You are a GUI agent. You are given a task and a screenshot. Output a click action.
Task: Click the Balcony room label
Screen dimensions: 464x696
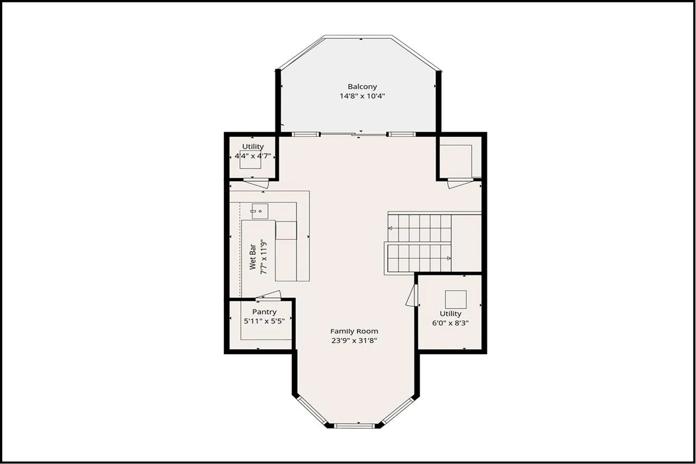click(x=362, y=87)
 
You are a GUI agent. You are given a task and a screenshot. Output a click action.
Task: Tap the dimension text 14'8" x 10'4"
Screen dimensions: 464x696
click(x=362, y=96)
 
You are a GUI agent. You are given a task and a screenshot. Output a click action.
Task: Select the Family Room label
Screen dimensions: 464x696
click(x=354, y=331)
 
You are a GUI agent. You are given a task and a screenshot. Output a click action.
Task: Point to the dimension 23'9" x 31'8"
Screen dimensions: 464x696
click(x=354, y=340)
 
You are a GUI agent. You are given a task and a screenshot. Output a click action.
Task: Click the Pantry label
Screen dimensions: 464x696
click(x=264, y=312)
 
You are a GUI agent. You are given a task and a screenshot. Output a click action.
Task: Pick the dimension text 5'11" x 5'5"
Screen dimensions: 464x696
click(x=264, y=321)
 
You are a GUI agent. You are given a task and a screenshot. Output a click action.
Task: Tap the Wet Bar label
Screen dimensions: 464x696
click(x=253, y=257)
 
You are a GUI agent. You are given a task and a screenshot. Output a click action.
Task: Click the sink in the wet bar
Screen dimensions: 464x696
click(x=260, y=211)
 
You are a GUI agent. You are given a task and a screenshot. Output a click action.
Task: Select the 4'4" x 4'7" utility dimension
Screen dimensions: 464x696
click(x=253, y=156)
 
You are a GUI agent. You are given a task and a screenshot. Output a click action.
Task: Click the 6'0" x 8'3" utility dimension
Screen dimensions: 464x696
click(x=450, y=323)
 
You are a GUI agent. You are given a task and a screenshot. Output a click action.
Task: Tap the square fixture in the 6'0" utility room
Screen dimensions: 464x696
click(x=456, y=299)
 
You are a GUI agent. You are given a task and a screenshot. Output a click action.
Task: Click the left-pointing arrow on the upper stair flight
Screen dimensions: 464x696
click(x=390, y=228)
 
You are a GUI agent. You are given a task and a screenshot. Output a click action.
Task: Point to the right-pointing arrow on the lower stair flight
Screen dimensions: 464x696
click(x=449, y=258)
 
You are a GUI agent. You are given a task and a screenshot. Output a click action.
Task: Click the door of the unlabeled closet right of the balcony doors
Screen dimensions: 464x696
click(x=460, y=183)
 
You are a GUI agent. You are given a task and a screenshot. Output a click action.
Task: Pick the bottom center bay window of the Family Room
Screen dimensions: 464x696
click(x=354, y=426)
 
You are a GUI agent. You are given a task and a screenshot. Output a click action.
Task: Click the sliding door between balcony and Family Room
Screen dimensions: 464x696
click(x=353, y=134)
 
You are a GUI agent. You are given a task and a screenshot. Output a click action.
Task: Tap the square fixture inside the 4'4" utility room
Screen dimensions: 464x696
click(x=250, y=159)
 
